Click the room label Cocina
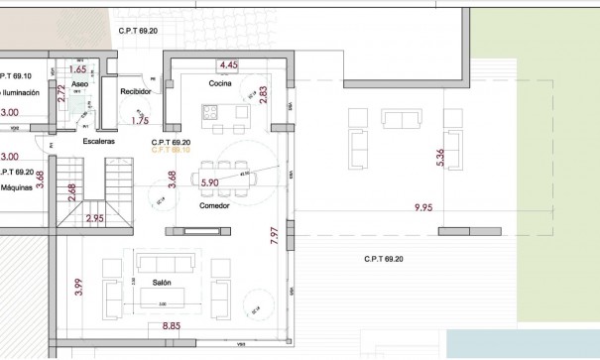pyautogui.click(x=219, y=84)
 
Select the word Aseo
pyautogui.click(x=80, y=85)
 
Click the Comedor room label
pyautogui.click(x=215, y=205)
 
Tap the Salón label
pyautogui.click(x=163, y=283)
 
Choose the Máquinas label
pyautogui.click(x=17, y=186)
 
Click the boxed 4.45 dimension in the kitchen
pyautogui.click(x=228, y=65)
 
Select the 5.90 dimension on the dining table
pyautogui.click(x=209, y=182)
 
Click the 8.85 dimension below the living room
pyautogui.click(x=171, y=325)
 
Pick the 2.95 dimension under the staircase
pyautogui.click(x=94, y=217)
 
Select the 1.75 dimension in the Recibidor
pyautogui.click(x=140, y=121)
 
